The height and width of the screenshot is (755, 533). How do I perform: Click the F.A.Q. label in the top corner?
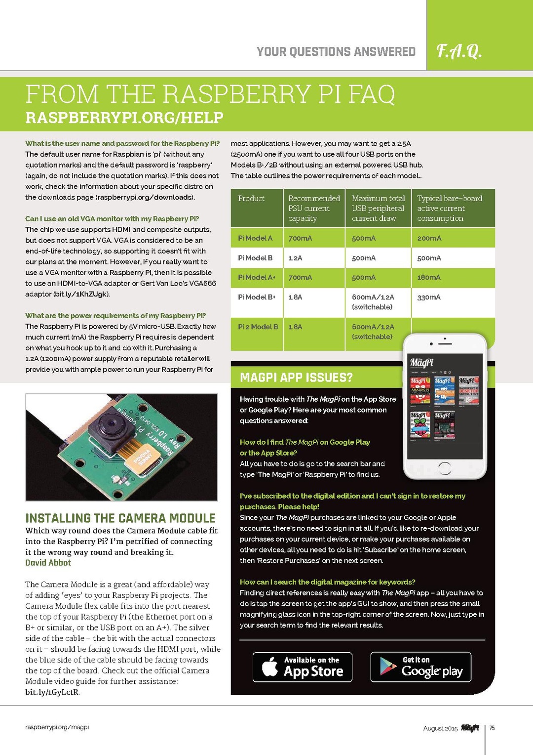coord(459,51)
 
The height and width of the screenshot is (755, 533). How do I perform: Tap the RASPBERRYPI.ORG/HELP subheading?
coord(124,118)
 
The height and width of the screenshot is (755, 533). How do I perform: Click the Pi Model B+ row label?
coord(257,297)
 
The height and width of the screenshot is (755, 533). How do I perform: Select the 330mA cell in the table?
coord(429,297)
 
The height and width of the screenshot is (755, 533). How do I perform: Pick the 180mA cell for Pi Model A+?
coord(429,277)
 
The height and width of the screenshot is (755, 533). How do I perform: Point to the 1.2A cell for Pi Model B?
coord(295,258)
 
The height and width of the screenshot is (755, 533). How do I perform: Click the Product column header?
coord(251,198)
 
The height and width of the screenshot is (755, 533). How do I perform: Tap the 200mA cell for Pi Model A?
coord(429,238)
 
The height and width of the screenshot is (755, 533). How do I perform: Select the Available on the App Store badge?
coord(303,667)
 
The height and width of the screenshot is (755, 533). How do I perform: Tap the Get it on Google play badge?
coord(421,667)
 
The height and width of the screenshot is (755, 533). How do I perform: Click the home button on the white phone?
coord(444,468)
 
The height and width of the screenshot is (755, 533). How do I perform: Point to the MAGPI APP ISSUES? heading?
coord(296,378)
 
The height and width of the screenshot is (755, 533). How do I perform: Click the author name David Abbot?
coord(48,563)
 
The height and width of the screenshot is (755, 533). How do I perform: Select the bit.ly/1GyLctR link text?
coord(52,692)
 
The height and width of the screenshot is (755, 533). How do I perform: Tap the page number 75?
coord(492,728)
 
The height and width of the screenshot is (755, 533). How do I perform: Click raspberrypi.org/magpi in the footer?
coord(57,727)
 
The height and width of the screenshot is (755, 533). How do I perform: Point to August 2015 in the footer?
coord(440,728)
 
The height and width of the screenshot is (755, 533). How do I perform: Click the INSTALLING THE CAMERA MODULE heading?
coord(120,518)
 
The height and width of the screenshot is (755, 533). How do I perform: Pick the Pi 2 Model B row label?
coord(258,327)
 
